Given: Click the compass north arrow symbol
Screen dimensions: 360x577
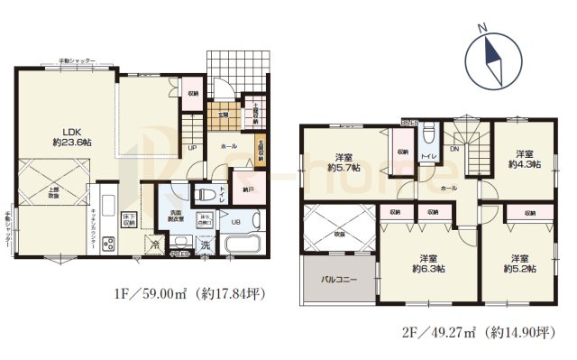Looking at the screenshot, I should pyautogui.click(x=491, y=59).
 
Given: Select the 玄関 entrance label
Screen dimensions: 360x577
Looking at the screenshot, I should pyautogui.click(x=221, y=115).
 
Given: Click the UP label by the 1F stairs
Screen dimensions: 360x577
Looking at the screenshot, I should pyautogui.click(x=192, y=148).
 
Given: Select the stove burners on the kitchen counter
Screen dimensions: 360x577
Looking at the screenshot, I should pyautogui.click(x=109, y=243).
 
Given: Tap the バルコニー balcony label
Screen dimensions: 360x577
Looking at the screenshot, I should pyautogui.click(x=339, y=281).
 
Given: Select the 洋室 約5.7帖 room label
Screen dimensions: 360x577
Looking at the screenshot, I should pyautogui.click(x=343, y=160).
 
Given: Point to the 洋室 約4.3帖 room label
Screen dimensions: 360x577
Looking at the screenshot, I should pyautogui.click(x=524, y=158).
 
